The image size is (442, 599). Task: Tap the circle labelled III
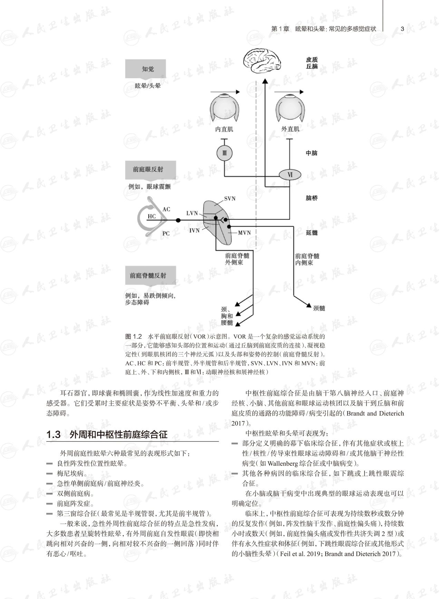(x=224, y=153)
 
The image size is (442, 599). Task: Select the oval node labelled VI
(x=290, y=175)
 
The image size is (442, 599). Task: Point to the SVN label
(x=230, y=199)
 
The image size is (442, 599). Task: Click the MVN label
(x=244, y=233)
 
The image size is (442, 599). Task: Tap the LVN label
(x=192, y=213)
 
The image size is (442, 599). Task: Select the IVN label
(x=194, y=230)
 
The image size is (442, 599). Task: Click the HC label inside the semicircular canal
(x=152, y=217)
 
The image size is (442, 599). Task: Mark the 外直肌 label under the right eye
(x=290, y=129)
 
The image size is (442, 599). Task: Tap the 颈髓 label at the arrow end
(x=319, y=308)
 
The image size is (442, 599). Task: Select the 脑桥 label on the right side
(x=311, y=198)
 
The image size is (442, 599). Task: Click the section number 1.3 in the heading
(x=54, y=435)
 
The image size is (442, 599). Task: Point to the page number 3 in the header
(x=402, y=29)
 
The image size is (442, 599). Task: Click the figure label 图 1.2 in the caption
(x=134, y=337)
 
